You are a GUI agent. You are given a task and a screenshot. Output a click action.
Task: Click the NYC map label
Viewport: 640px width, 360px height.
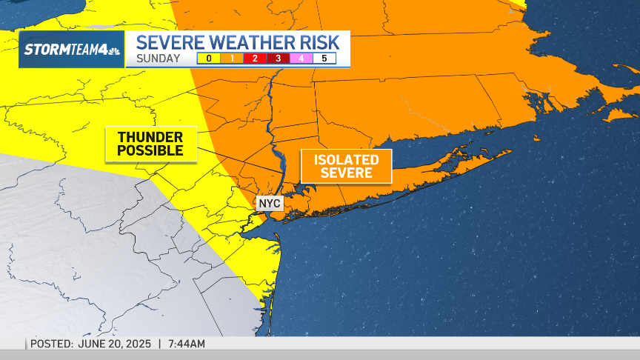click(270, 203)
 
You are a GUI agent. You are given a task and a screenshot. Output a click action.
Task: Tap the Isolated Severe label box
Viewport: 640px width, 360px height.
click(346, 167)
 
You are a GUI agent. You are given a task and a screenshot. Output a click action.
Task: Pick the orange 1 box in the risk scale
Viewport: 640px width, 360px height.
click(231, 59)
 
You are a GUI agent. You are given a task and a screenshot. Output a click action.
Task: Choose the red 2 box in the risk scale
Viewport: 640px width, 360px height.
click(255, 59)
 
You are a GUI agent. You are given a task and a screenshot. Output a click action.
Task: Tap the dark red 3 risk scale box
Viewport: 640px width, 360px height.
click(278, 59)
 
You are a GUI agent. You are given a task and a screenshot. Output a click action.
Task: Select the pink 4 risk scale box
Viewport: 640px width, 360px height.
click(301, 59)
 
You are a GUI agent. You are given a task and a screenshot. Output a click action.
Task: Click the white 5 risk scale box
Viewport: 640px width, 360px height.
click(324, 59)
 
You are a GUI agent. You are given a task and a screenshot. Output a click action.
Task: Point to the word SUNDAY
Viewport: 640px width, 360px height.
click(158, 59)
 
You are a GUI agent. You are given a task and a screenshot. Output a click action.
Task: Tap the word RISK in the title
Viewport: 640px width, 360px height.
click(316, 41)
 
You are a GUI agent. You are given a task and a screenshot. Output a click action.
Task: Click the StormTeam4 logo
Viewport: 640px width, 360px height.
click(71, 50)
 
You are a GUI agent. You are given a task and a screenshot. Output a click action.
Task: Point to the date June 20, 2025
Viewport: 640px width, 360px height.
click(115, 344)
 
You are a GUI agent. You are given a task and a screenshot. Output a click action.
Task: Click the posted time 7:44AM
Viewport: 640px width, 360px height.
click(186, 344)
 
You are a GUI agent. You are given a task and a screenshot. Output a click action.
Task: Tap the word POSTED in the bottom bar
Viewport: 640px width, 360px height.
click(51, 344)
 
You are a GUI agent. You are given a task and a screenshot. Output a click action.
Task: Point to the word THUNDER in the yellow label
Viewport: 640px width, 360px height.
click(150, 137)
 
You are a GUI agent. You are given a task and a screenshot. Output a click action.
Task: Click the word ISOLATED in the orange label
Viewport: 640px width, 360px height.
click(346, 160)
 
